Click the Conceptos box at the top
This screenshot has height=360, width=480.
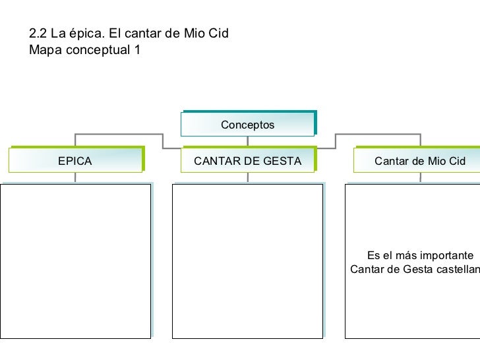(x=247, y=124)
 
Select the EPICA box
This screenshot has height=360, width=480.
(x=75, y=160)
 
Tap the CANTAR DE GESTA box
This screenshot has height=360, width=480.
(x=248, y=160)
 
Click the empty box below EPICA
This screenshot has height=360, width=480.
(x=75, y=261)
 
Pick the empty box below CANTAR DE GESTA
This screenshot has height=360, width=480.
(x=248, y=261)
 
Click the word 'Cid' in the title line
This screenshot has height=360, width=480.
(x=219, y=32)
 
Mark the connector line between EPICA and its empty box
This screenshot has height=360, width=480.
(x=75, y=177)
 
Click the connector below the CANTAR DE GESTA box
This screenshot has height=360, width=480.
(x=248, y=177)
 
